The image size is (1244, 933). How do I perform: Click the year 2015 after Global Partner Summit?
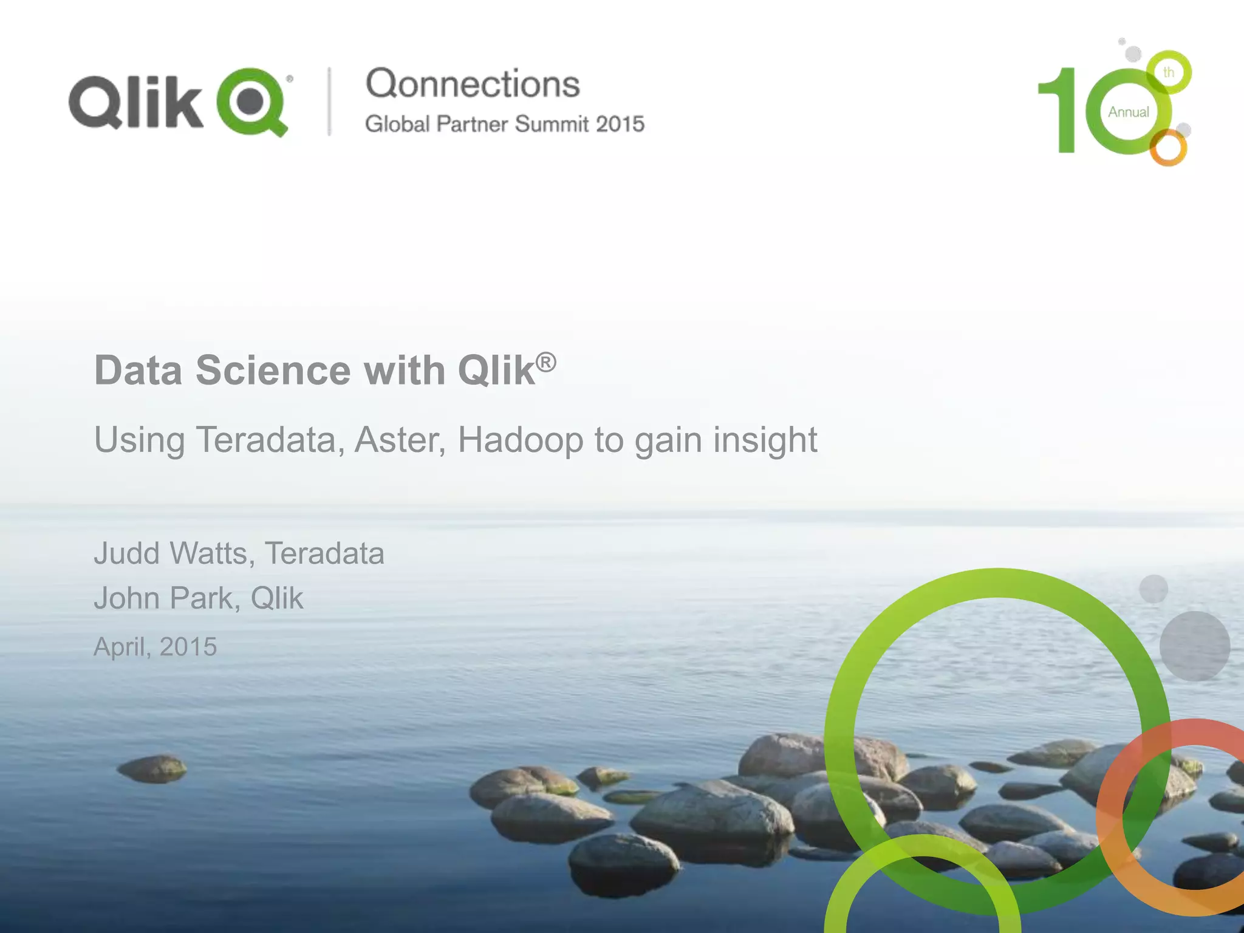coord(620,124)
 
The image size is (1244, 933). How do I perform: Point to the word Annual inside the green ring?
coord(1128,112)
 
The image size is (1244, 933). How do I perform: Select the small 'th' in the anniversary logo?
coord(1169,73)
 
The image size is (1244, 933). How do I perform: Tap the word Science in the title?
coord(273,370)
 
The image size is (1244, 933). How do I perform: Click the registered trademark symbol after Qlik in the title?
coord(546,362)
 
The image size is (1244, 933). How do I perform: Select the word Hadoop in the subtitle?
coord(520,440)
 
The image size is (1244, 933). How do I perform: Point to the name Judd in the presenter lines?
coord(126,553)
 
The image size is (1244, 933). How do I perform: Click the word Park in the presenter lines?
coord(200,598)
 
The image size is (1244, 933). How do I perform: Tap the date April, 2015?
coord(155,647)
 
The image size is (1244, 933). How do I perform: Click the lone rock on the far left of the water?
coord(152,768)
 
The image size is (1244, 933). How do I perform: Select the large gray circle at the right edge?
coord(1194,646)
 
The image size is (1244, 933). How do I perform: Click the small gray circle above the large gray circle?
coord(1153,589)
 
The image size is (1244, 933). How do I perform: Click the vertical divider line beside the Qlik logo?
coord(330,101)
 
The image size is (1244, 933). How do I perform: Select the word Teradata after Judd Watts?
coord(324,553)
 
